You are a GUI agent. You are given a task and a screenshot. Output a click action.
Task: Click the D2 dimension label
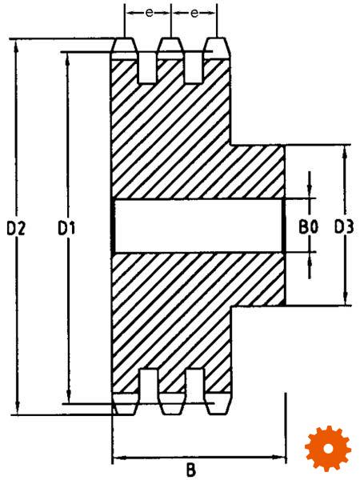pos(16,228)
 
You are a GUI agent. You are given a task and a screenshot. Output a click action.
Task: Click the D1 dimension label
pos(66,228)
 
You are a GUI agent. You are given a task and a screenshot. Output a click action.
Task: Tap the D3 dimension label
pos(344,227)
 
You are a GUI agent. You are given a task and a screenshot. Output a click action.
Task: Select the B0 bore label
pos(308,227)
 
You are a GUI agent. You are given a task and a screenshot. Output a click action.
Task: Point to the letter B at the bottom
pos(190,470)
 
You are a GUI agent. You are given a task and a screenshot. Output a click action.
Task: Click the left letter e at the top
pos(149,13)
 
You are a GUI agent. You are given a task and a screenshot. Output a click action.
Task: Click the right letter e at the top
pos(194,13)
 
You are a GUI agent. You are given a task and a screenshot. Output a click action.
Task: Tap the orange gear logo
pos(328,449)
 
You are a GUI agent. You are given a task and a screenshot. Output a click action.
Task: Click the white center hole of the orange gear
pos(328,449)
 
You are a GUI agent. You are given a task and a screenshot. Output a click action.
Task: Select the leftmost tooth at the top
pos(124,49)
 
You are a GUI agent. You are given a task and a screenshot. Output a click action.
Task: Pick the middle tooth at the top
pos(171,49)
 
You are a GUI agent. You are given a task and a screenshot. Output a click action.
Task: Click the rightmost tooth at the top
pos(218,49)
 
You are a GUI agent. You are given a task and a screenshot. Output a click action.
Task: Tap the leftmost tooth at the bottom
pos(124,404)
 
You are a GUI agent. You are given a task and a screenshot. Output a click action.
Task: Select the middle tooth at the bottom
pos(172,404)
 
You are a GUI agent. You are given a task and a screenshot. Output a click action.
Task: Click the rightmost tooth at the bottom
pos(218,404)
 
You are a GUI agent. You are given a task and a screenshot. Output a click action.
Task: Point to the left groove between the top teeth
pos(147,68)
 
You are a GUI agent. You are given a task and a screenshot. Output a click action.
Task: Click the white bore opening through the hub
pos(198,226)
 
